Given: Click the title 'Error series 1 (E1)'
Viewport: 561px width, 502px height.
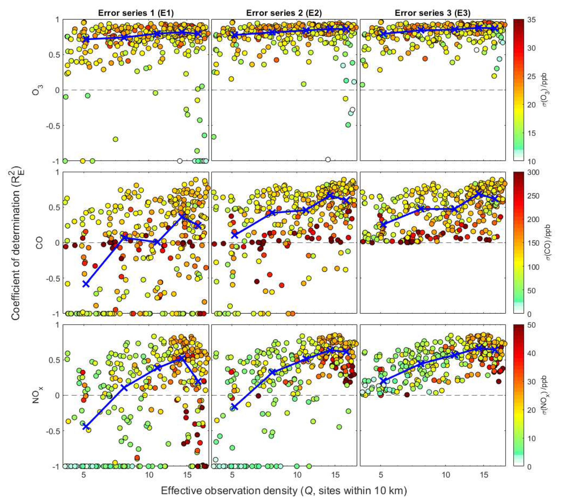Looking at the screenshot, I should coord(136,13).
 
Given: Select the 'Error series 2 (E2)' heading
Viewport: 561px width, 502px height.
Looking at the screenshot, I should coord(284,13).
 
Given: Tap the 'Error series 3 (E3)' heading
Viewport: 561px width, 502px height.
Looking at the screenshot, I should coord(432,13).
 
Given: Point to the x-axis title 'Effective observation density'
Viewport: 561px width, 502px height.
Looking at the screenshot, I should coord(284,491).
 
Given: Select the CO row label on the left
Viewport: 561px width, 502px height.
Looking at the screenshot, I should coord(39,243).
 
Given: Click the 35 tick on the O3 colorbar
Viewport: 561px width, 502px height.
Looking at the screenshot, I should coord(531,20).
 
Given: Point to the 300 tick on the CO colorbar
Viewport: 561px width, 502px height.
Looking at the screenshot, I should coord(533,173).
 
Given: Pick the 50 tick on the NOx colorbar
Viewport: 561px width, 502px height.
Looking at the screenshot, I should coord(531,325).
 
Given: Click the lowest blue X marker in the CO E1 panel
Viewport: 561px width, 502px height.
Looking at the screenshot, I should coord(86,284).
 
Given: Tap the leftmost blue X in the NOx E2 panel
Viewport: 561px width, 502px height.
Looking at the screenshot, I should coord(234,407).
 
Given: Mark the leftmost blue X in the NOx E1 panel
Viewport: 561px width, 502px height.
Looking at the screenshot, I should coord(86,426).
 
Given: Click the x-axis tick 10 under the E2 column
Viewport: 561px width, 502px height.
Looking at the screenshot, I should coord(297,474).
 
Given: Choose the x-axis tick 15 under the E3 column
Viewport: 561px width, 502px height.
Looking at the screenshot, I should coord(484,474).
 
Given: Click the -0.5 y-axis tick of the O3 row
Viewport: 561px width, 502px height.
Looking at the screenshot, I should coord(53,126).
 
